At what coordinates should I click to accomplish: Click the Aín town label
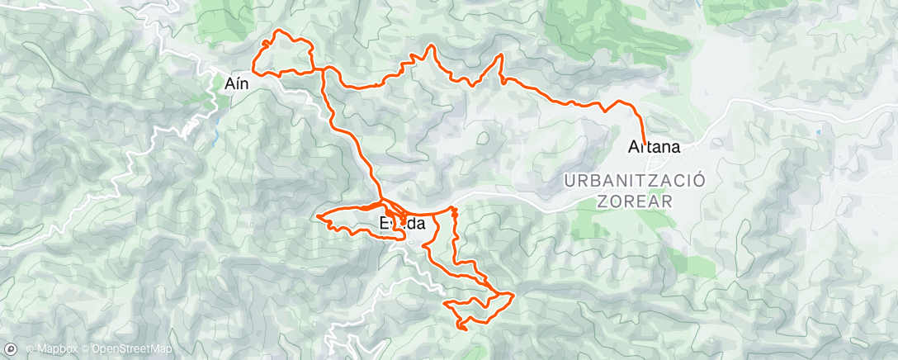point(238,83)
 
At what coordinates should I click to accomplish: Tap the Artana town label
point(654,149)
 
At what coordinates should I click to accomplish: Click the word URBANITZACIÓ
point(634,181)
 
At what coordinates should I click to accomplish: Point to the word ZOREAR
point(634,201)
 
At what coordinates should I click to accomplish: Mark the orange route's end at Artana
point(645,144)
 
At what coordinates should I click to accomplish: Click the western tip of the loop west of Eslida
point(317,218)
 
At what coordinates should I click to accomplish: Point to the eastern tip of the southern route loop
point(513,294)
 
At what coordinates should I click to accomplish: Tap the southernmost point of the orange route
point(462,329)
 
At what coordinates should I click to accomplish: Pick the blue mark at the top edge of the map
point(707,3)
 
